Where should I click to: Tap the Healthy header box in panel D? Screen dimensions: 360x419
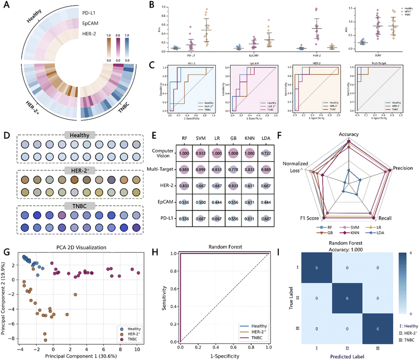coord(79,135)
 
